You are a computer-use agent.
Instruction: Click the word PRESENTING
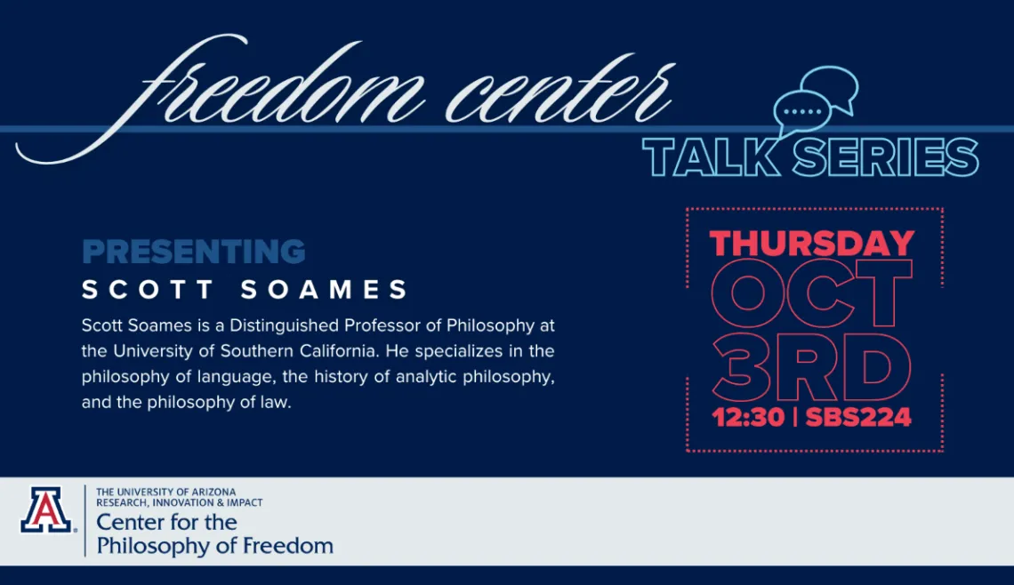click(x=194, y=252)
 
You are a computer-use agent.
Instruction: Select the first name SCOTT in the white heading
click(x=149, y=290)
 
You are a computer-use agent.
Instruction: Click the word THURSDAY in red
click(x=812, y=244)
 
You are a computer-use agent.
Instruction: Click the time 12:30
click(x=748, y=417)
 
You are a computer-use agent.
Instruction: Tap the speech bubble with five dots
click(x=801, y=113)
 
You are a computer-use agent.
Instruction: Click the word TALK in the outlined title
click(x=710, y=158)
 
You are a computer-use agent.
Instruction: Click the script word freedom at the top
click(x=276, y=89)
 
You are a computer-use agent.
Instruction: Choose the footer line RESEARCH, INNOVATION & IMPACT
click(x=180, y=503)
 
